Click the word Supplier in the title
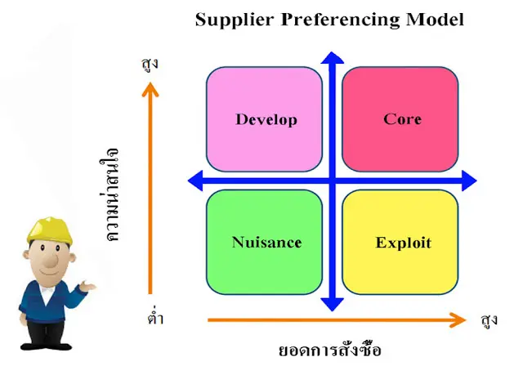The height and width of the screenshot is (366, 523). [x=230, y=20]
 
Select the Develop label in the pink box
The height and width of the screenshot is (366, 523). [x=266, y=119]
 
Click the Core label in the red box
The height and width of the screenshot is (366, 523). [x=402, y=119]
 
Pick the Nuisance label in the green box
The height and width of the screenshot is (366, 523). [x=266, y=243]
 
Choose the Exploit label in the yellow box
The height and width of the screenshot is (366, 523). [x=403, y=243]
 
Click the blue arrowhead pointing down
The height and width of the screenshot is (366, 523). [x=332, y=304]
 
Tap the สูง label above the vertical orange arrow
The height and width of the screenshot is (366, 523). [x=149, y=63]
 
